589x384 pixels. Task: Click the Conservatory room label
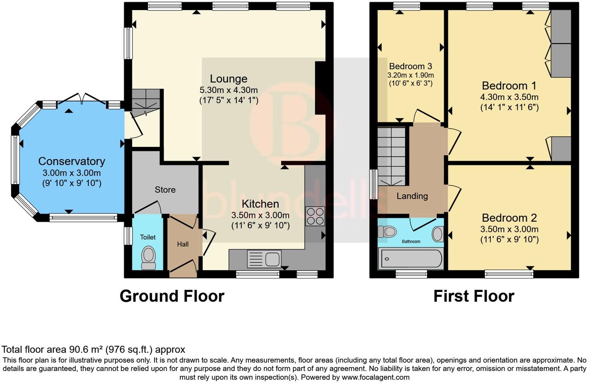click(x=72, y=161)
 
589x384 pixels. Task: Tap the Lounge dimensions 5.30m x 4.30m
click(x=229, y=90)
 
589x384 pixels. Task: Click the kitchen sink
click(x=264, y=259)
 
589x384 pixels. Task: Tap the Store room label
click(x=165, y=190)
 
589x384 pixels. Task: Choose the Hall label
click(x=183, y=244)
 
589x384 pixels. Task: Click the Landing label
click(x=412, y=196)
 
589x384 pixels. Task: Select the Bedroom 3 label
click(x=410, y=66)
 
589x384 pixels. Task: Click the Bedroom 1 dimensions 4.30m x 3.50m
click(x=509, y=97)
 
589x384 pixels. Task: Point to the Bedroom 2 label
click(x=509, y=218)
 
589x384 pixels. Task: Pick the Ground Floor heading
click(x=172, y=296)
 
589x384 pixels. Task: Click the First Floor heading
click(x=474, y=296)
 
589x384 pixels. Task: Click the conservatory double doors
click(x=81, y=99)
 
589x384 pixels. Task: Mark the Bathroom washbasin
click(x=438, y=234)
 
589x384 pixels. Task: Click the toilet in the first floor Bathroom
click(x=388, y=232)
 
